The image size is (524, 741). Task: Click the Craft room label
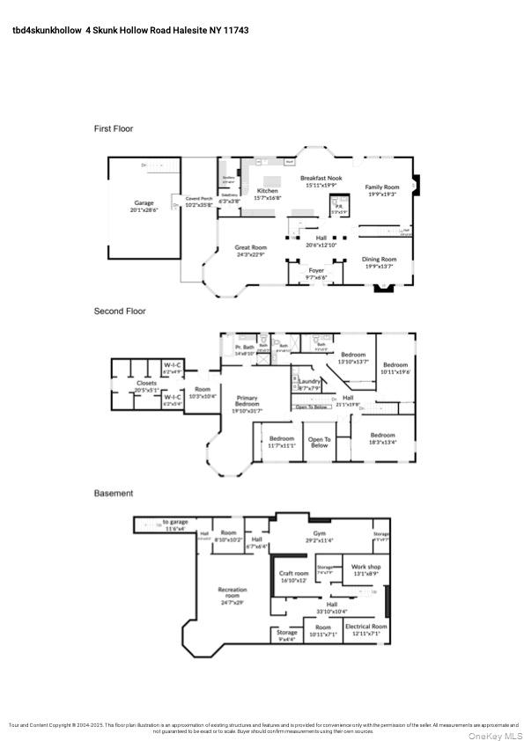(293, 576)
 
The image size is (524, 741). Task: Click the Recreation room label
(233, 596)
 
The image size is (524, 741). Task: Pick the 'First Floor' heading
(114, 128)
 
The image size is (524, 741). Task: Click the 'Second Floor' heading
(120, 311)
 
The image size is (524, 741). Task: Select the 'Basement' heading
(114, 494)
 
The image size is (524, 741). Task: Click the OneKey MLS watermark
(494, 736)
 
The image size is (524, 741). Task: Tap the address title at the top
(130, 30)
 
